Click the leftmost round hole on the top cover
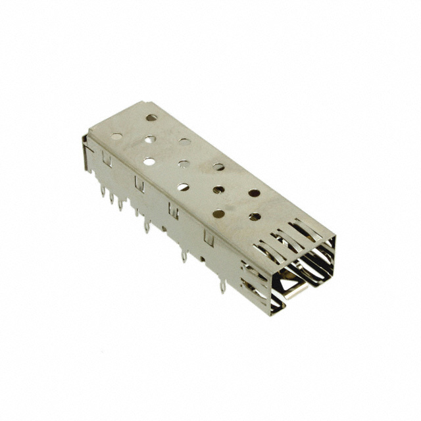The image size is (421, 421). [116, 137]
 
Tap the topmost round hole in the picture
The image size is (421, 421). [151, 118]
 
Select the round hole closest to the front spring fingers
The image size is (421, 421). [255, 216]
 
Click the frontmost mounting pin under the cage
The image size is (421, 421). [223, 285]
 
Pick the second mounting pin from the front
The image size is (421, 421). [184, 255]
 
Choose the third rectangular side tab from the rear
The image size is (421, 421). [174, 210]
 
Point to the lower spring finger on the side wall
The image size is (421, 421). [253, 290]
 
